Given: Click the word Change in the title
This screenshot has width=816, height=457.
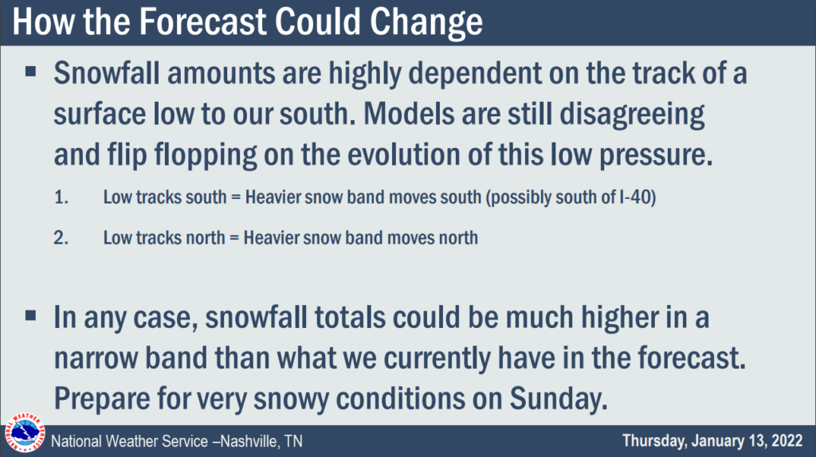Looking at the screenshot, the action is tap(426, 21).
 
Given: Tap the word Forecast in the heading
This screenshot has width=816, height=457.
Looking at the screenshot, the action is tap(202, 21).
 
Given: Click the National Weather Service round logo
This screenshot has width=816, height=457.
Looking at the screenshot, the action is tap(25, 433).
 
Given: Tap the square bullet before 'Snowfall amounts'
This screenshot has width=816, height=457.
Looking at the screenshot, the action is tap(31, 72).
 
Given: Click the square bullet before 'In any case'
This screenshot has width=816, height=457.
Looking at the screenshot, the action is tap(31, 315).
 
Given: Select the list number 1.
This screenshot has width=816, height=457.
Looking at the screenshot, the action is tap(61, 197).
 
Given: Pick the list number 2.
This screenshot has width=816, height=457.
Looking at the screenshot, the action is tap(61, 237).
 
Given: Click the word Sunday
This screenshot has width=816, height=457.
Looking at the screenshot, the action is tap(559, 399).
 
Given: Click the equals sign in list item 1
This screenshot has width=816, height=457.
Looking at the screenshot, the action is tap(236, 198).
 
